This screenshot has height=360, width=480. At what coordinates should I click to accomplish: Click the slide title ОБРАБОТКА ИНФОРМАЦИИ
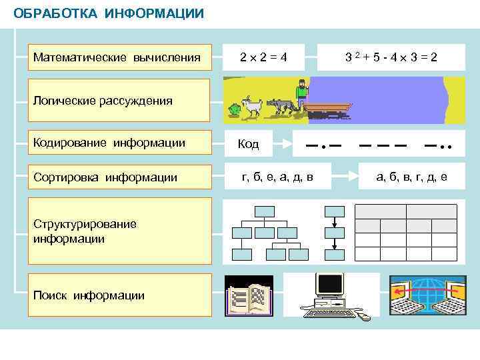[x=109, y=13]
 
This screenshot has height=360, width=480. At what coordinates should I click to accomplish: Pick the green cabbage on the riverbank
[x=234, y=109]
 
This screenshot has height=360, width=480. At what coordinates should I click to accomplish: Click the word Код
[x=249, y=145]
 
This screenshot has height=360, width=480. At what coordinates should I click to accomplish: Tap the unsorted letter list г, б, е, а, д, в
[x=277, y=177]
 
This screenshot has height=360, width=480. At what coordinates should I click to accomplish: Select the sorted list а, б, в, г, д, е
[x=411, y=177]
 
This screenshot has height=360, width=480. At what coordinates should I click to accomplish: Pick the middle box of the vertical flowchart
[x=333, y=233]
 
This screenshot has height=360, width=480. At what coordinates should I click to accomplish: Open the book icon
[x=249, y=298]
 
